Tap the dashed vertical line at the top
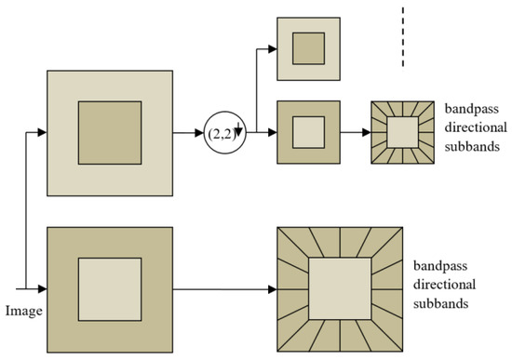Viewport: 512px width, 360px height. (x=403, y=37)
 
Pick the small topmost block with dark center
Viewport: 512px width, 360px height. (x=309, y=47)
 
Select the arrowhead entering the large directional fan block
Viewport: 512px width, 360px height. (x=272, y=289)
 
